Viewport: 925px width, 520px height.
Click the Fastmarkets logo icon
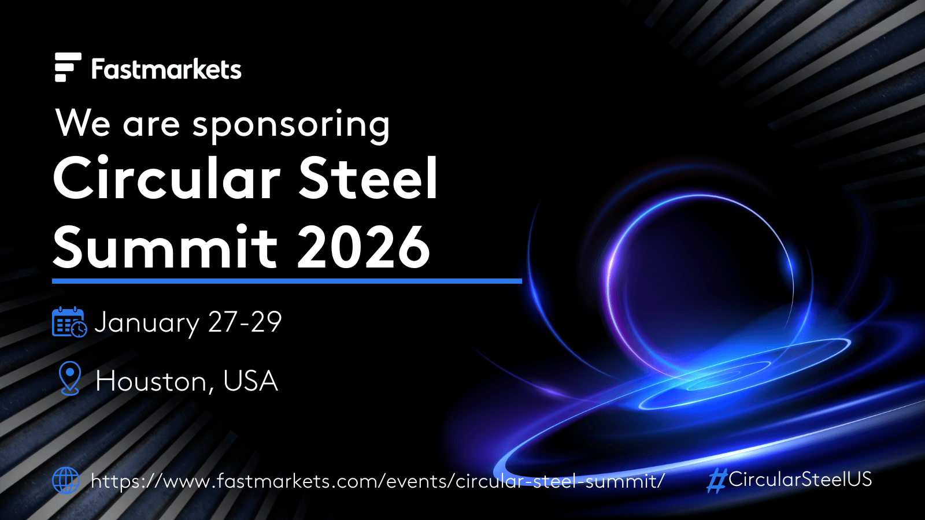pyautogui.click(x=68, y=67)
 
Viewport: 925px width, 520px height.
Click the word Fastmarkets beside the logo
pyautogui.click(x=166, y=69)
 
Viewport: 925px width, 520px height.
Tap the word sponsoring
pyautogui.click(x=291, y=125)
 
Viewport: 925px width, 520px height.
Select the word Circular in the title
pyautogui.click(x=167, y=178)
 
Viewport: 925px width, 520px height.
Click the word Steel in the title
pyautogui.click(x=368, y=178)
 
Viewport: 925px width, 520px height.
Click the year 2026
pyautogui.click(x=364, y=246)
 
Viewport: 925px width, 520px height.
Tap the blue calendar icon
pyautogui.click(x=69, y=322)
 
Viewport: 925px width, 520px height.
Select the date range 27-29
pyautogui.click(x=245, y=321)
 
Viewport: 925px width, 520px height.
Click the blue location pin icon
pyautogui.click(x=70, y=378)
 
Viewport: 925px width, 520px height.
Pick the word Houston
pyautogui.click(x=151, y=381)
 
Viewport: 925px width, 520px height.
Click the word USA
pyautogui.click(x=251, y=381)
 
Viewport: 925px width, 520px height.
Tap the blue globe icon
pyautogui.click(x=66, y=481)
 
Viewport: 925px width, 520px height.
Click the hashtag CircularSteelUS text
pyautogui.click(x=789, y=480)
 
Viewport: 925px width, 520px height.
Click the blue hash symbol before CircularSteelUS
pyautogui.click(x=716, y=480)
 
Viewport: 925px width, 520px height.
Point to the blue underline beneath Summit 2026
pyautogui.click(x=287, y=281)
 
